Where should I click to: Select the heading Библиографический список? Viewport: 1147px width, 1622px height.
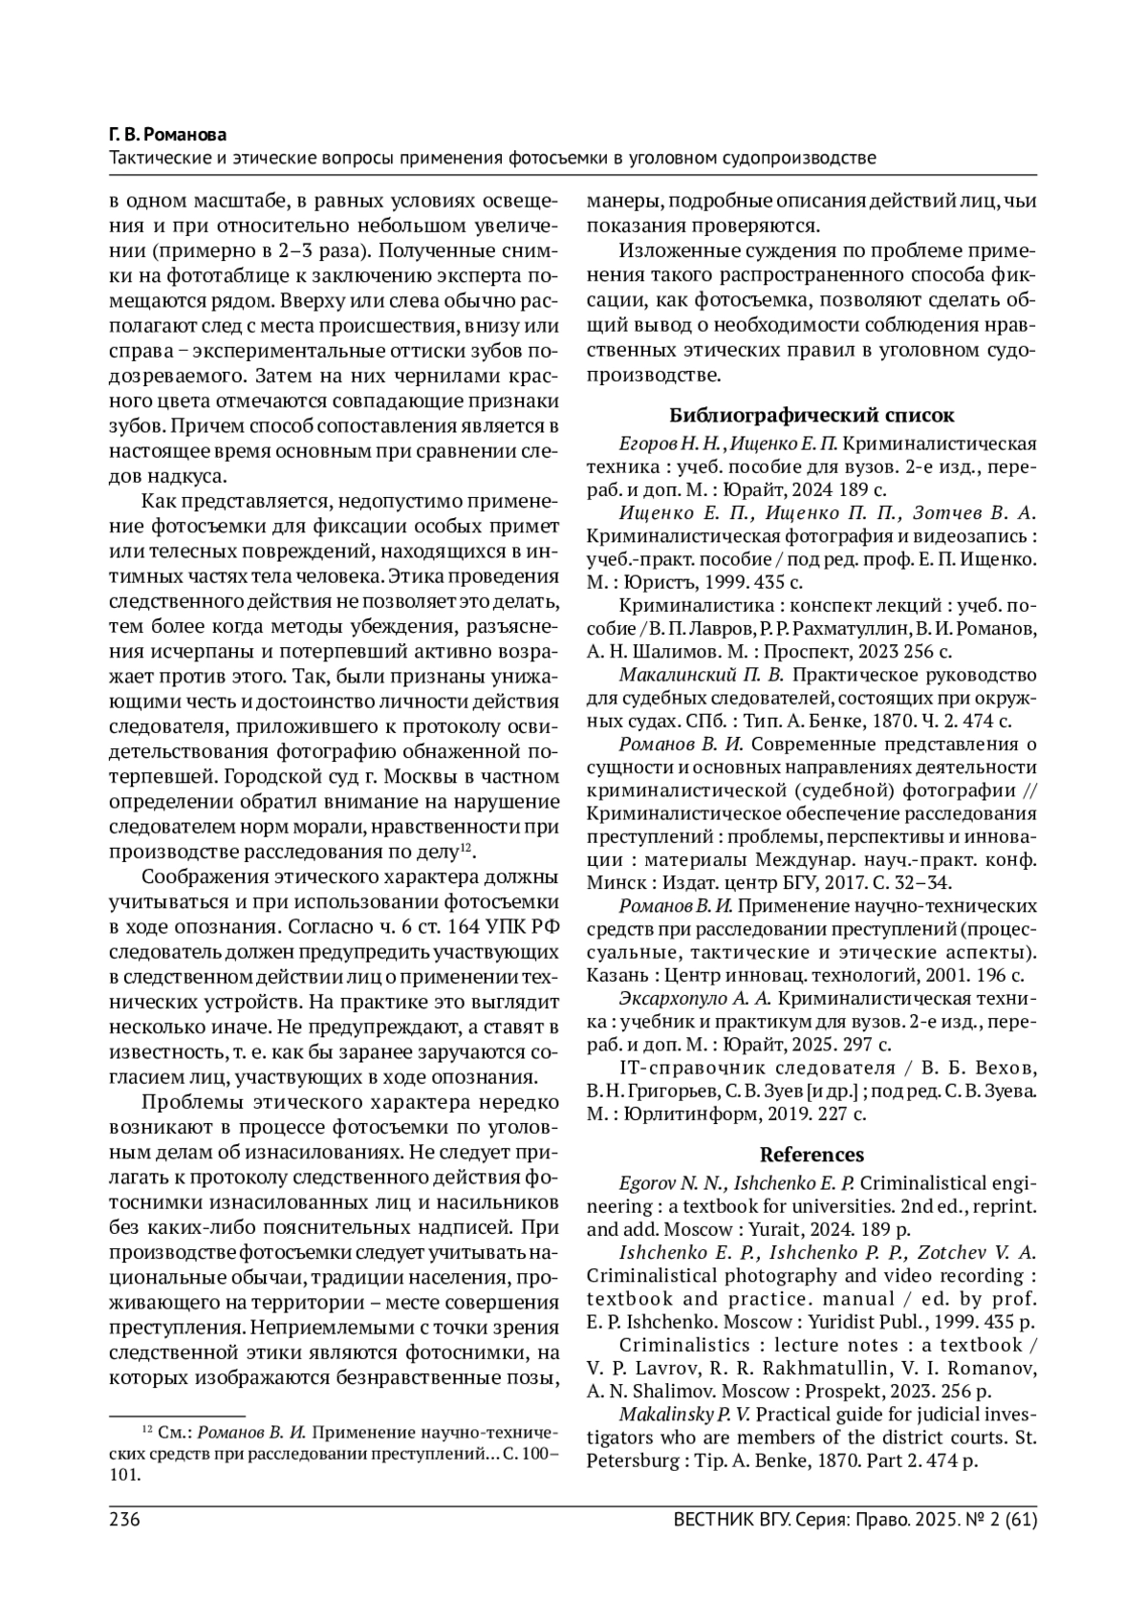[811, 416]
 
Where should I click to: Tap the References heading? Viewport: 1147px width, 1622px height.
[812, 1155]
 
